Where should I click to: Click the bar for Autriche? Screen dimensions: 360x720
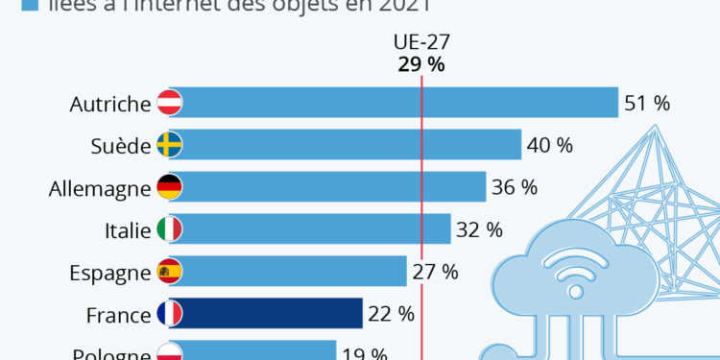tap(394, 103)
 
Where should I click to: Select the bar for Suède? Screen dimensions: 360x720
tap(346, 145)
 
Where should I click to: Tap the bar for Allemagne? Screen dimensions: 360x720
tap(327, 187)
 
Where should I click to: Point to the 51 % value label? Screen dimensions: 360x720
tap(647, 104)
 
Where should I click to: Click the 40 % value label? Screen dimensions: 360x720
tap(550, 146)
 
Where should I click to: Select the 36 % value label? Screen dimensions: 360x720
tap(515, 188)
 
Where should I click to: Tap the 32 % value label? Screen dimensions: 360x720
tap(480, 230)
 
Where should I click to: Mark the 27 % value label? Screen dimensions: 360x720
tap(436, 273)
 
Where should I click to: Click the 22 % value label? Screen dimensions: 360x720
tap(392, 315)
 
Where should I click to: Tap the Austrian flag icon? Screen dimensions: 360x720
tap(169, 103)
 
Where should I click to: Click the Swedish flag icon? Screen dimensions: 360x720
tap(169, 145)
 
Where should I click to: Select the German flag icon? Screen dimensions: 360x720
tap(169, 187)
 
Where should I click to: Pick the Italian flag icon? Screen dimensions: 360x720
tap(169, 229)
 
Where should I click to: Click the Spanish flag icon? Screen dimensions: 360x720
tap(169, 272)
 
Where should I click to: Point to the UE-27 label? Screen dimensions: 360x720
tap(421, 43)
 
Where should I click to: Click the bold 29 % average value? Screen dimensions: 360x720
tap(421, 64)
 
